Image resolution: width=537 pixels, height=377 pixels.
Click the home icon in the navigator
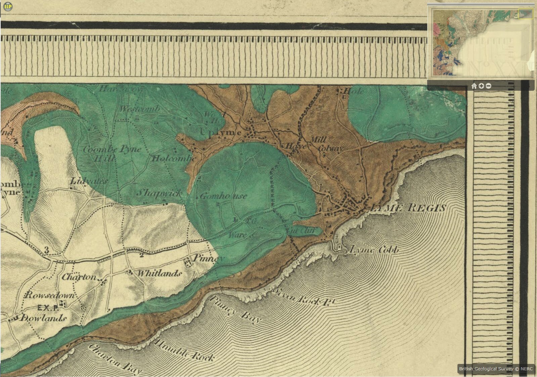474,86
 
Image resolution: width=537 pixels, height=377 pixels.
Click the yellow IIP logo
7,6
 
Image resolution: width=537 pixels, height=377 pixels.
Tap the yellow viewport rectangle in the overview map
526,14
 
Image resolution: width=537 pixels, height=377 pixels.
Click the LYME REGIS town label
407,208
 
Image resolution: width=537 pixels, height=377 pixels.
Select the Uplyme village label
220,132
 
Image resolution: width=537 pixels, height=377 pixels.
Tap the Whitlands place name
160,273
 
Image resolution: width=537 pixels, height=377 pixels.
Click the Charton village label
79,277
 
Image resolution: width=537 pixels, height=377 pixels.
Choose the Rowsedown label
50,295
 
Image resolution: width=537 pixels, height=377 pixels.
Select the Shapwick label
160,193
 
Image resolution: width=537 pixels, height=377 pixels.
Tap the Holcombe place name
174,158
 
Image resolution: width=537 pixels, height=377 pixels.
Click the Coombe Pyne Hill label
111,153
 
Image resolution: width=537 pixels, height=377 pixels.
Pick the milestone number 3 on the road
46,250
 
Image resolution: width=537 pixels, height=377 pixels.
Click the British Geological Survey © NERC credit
496,369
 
